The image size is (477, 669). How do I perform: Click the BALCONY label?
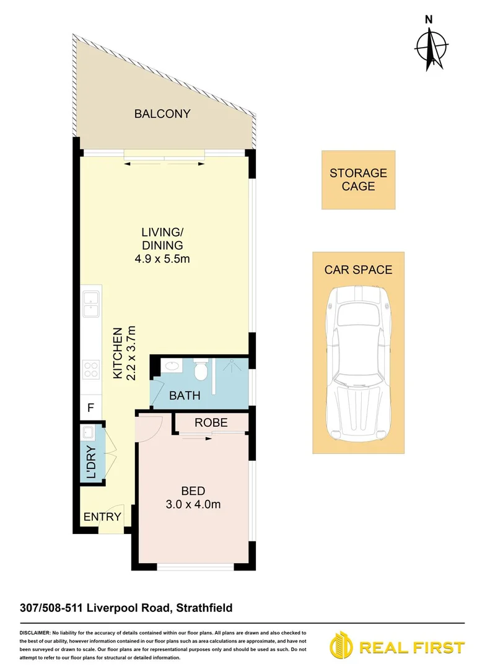click(x=162, y=114)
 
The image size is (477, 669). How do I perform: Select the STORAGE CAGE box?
click(x=358, y=180)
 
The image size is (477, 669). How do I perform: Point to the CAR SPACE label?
click(x=358, y=269)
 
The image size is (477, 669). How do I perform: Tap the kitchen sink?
click(x=90, y=300)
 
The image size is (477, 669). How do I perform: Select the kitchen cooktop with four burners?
click(x=90, y=369)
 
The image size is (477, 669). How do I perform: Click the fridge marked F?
click(x=90, y=408)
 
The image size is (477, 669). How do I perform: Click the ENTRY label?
click(x=98, y=517)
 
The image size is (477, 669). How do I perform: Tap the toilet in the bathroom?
click(x=200, y=370)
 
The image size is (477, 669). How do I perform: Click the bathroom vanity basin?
click(x=171, y=367)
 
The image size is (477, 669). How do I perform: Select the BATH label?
click(x=184, y=395)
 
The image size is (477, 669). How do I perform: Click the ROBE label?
click(x=211, y=423)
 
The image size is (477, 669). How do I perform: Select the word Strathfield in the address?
click(x=204, y=608)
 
